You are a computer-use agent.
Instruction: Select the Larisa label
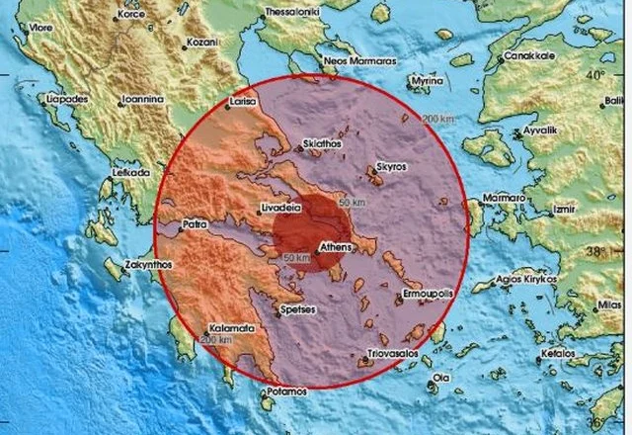click(242, 102)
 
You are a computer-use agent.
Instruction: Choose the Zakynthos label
click(149, 264)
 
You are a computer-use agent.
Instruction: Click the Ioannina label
click(141, 100)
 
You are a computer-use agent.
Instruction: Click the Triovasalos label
click(392, 350)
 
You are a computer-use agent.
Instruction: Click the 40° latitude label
click(594, 75)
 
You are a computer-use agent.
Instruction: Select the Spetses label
click(297, 309)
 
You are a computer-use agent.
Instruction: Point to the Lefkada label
click(130, 172)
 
